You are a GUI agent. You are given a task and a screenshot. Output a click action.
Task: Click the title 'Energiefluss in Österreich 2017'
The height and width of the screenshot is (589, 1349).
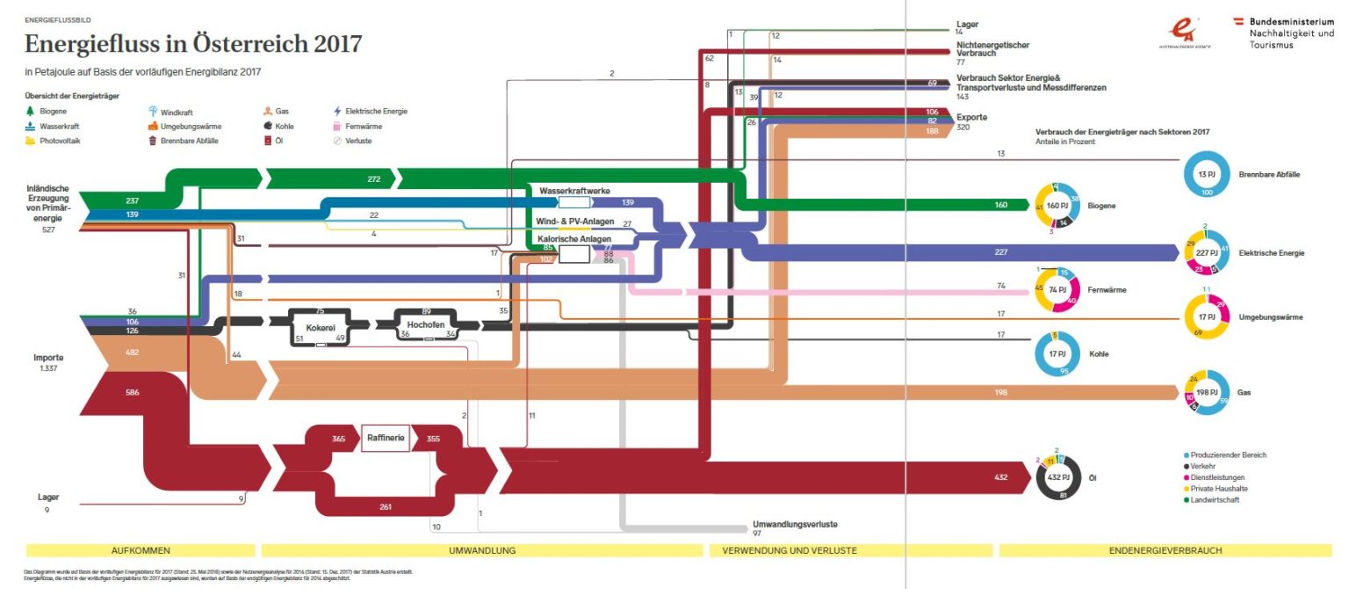point(192,44)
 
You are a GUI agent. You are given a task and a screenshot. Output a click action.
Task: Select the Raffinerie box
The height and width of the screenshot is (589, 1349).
point(386,437)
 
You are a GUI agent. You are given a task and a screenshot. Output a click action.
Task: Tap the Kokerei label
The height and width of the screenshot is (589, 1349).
point(320,328)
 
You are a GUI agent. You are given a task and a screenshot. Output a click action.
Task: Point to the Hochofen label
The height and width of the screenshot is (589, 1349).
point(425,324)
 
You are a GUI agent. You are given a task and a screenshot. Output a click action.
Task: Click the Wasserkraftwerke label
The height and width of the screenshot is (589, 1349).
point(574,190)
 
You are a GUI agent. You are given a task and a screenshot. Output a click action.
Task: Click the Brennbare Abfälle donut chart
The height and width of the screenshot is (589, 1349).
point(1206,174)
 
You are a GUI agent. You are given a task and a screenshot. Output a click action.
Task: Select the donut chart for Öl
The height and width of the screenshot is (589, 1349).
point(1058,477)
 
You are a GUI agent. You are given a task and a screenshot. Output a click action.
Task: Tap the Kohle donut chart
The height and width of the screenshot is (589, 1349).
point(1058,354)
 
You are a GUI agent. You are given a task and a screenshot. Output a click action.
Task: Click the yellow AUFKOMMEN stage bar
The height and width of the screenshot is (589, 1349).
point(141,550)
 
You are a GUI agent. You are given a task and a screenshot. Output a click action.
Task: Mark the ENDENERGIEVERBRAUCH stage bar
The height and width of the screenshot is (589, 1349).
point(1165,550)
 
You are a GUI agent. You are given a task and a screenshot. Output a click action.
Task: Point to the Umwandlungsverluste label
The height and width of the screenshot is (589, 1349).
point(795,524)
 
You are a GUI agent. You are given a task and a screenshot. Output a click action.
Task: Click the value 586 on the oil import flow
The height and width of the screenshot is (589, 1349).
point(132,391)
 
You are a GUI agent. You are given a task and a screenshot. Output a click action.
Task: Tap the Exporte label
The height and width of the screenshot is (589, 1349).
point(971,117)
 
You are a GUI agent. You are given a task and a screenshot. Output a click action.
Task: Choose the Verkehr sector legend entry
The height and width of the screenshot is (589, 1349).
point(1206,467)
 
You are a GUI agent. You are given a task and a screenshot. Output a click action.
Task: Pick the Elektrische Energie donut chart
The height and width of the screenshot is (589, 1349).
point(1206,253)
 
